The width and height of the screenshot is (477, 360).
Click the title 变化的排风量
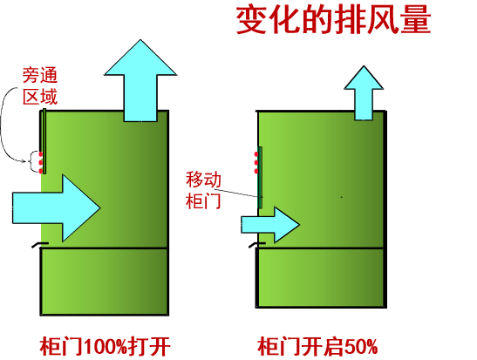[x=333, y=20]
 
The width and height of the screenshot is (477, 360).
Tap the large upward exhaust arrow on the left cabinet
[x=140, y=80]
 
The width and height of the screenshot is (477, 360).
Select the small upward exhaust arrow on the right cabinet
[x=364, y=92]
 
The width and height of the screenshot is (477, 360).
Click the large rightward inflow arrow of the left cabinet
[x=57, y=208]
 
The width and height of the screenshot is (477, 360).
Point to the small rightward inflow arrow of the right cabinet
[x=270, y=225]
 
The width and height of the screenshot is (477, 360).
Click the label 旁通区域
[x=40, y=86]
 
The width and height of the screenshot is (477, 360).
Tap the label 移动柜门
[x=203, y=190]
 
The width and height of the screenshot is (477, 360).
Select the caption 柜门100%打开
[x=105, y=346]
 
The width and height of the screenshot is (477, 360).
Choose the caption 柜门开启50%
[x=317, y=346]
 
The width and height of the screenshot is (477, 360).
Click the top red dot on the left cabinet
[x=40, y=154]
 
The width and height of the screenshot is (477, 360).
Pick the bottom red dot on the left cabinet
[x=40, y=171]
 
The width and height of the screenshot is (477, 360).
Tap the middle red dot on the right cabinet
[x=256, y=163]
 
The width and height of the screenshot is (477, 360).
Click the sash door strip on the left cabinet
[x=44, y=141]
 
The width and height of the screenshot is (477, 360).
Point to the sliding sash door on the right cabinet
[x=260, y=178]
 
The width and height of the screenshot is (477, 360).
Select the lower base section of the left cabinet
[x=105, y=282]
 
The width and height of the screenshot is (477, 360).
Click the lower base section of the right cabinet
[x=321, y=278]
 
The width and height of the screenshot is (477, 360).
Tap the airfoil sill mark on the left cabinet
[x=40, y=244]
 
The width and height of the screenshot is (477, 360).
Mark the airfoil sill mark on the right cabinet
[x=257, y=245]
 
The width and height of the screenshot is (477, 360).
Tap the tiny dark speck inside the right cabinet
[x=342, y=197]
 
